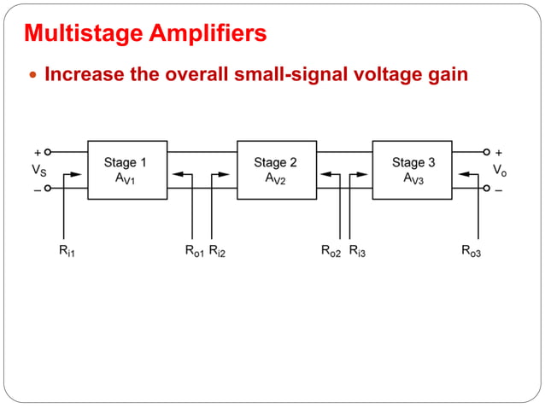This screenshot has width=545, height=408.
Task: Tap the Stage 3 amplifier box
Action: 412,169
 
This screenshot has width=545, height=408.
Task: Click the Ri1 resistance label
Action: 66,251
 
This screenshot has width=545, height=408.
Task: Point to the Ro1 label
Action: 194,251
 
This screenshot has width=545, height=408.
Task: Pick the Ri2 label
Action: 218,251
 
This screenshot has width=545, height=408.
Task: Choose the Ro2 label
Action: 331,251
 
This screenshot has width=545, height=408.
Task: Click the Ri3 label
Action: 358,251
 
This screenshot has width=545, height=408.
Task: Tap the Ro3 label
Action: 471,251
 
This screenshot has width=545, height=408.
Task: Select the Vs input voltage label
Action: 38,170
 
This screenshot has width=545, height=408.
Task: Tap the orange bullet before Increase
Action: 33,75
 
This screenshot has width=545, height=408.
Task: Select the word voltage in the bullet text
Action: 377,75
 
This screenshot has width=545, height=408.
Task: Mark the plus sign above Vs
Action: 37,152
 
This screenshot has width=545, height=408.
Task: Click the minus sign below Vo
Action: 499,190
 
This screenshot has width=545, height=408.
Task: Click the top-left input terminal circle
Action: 49,152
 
